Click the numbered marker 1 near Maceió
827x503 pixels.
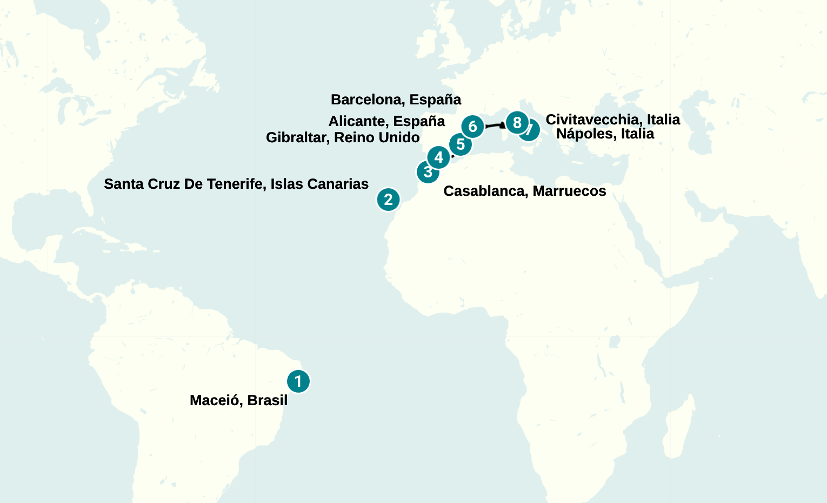click(x=298, y=381)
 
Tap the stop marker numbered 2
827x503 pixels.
click(x=388, y=200)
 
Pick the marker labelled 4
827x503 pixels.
click(x=438, y=157)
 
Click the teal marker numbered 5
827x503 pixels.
click(x=461, y=144)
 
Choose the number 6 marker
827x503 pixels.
click(x=472, y=127)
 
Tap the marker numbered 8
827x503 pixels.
click(x=517, y=123)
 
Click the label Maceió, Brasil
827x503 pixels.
click(x=238, y=400)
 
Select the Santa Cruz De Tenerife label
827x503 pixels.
click(x=236, y=184)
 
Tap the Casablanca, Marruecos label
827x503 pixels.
click(x=524, y=191)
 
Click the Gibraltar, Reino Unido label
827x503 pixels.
click(x=343, y=137)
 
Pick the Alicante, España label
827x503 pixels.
click(x=386, y=121)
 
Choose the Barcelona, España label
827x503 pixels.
click(x=396, y=100)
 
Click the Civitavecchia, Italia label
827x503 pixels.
click(x=612, y=120)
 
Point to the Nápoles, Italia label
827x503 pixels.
click(x=605, y=134)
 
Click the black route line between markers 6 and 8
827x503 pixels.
click(x=493, y=125)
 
